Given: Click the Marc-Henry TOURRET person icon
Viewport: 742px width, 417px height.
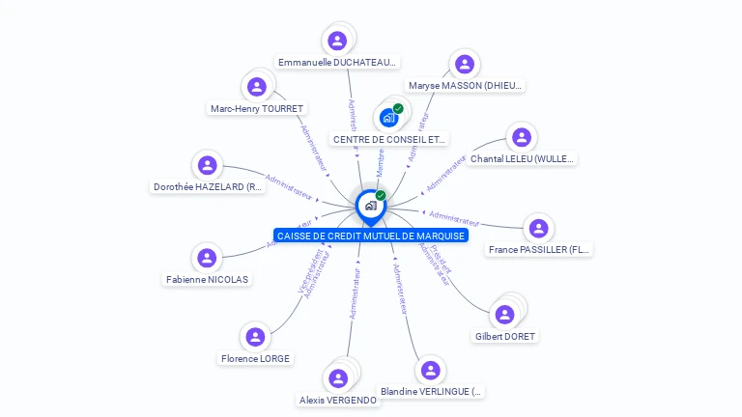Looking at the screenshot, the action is pos(257,87).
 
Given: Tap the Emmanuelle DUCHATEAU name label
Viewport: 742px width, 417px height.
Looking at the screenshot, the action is pos(337,63).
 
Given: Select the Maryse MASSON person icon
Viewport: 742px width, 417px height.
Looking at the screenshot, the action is pos(465,65).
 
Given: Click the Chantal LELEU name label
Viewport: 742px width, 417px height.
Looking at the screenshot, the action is pos(522,159).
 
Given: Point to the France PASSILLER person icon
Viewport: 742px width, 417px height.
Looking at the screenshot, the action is pos(538,229).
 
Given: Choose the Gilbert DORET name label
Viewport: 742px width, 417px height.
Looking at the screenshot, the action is pos(505,337).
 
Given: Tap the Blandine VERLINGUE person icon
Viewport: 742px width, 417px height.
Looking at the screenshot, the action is pos(431,370).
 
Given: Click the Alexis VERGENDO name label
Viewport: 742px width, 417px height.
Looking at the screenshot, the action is pos(338,400).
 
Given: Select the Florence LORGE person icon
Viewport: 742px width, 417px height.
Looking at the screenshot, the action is pos(255,337).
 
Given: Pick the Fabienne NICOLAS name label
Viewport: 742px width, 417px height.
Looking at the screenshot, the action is pos(207,280).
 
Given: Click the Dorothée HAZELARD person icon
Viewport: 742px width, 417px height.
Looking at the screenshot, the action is pos(207,165).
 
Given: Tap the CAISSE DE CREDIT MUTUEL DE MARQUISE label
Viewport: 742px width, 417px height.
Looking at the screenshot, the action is pos(371,236).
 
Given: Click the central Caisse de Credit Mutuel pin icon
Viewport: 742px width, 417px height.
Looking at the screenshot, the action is pos(370,206).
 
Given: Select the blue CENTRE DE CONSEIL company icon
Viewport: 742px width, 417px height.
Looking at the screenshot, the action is pos(388,118).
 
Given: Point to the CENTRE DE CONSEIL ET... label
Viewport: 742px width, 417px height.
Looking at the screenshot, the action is pos(389,140).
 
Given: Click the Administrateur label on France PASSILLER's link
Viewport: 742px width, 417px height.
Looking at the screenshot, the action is pos(455,217).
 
